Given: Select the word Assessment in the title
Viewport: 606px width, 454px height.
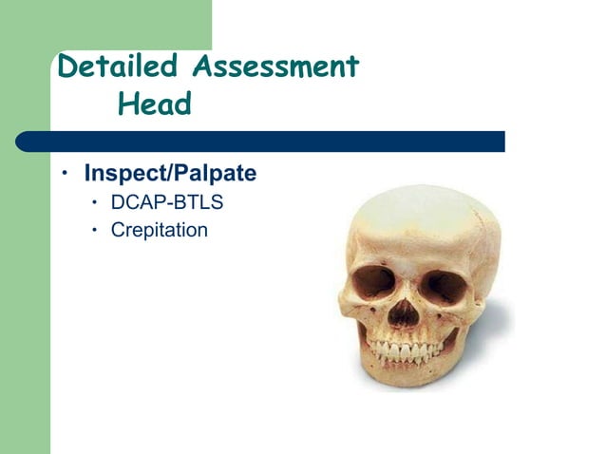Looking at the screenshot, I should click(275, 67).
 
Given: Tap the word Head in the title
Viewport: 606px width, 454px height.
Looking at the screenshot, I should click(154, 104).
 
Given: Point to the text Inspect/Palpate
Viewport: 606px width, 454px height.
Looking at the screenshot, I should click(170, 176).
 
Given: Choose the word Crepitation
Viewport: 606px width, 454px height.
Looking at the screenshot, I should click(159, 229).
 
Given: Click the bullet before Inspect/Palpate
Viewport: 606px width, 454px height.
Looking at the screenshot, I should click(66, 175).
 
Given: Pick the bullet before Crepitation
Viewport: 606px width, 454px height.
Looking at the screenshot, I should click(95, 229).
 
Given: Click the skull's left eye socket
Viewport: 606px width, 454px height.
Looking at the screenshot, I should click(371, 282).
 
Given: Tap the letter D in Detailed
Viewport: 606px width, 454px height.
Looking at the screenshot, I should click(67, 67).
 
